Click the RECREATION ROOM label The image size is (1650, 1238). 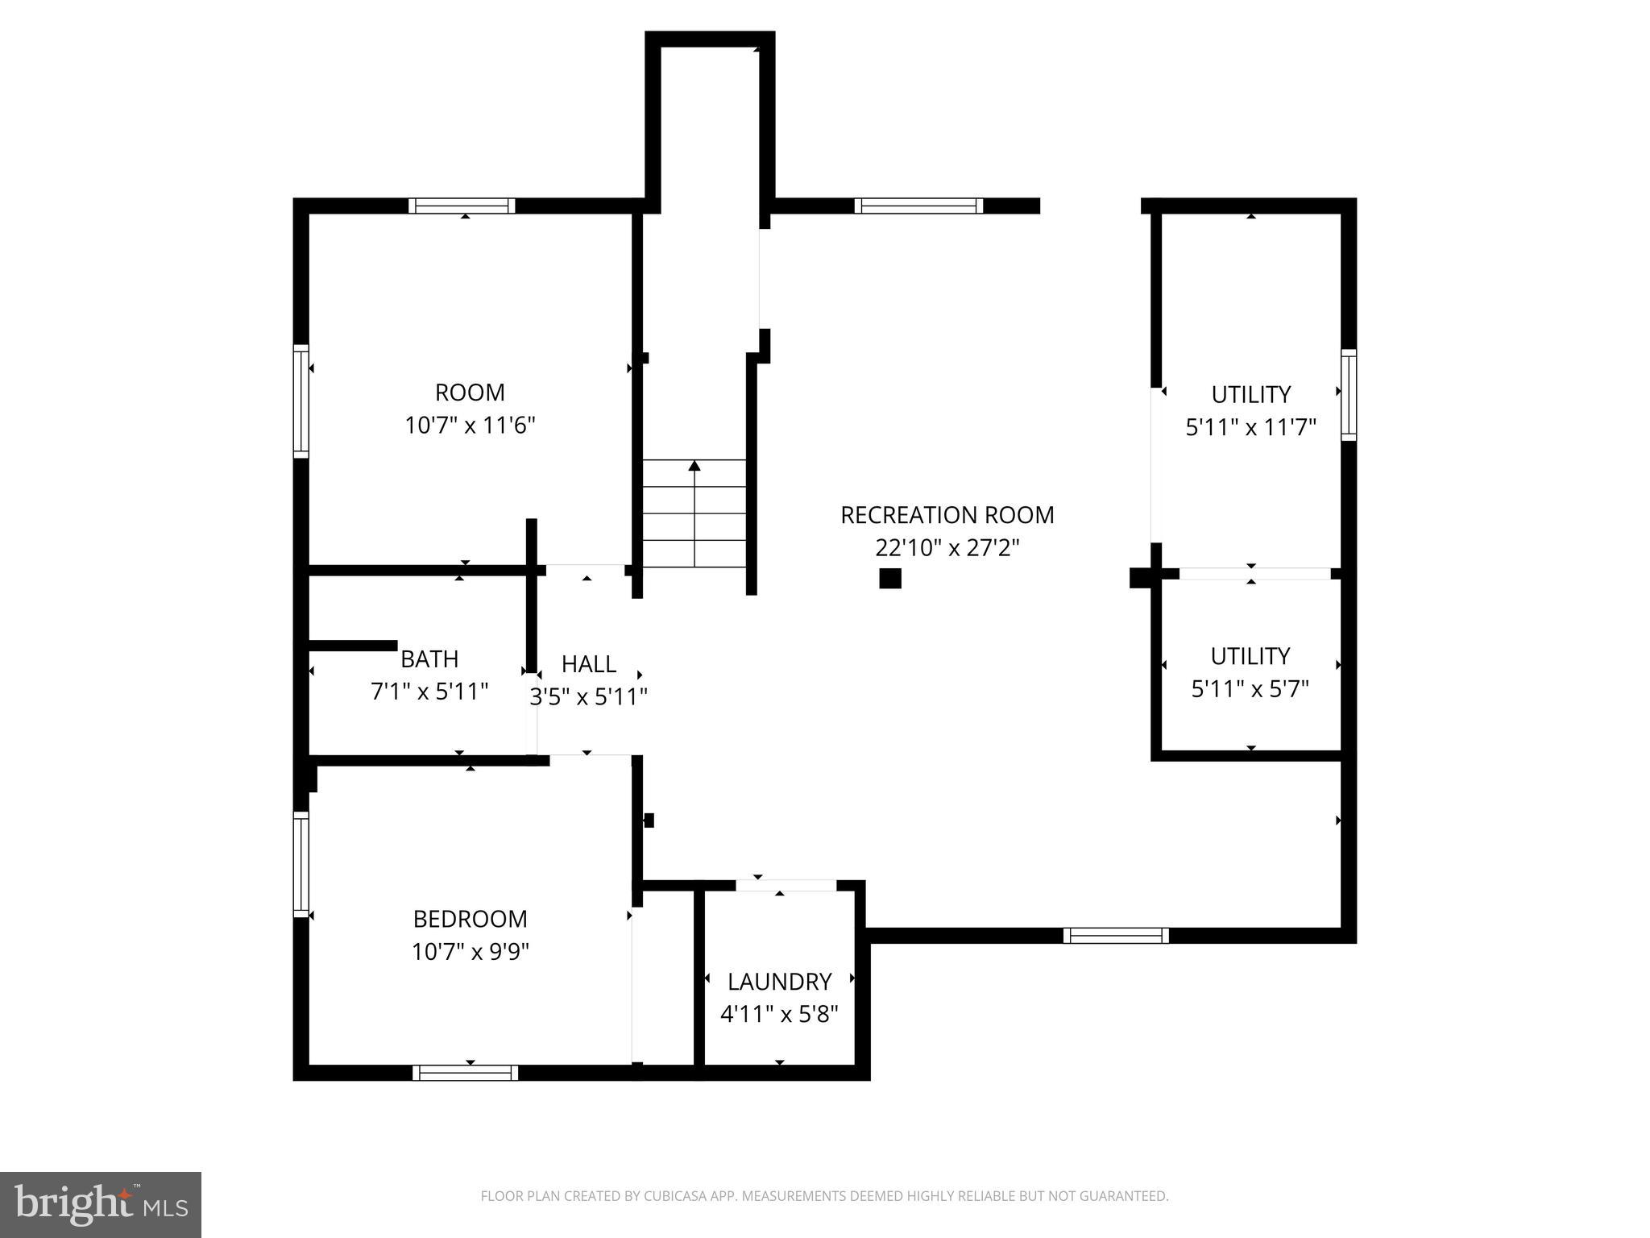(947, 515)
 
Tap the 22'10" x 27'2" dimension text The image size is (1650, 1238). (947, 548)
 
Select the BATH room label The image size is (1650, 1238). (429, 659)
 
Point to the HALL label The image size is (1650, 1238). (589, 664)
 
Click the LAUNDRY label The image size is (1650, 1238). (779, 982)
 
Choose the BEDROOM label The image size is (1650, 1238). (470, 919)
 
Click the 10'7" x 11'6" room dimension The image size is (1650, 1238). (470, 426)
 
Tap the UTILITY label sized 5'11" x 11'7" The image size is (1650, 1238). (1250, 394)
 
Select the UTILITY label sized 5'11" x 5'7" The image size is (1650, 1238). (1250, 656)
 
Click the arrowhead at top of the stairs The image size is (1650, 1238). (694, 466)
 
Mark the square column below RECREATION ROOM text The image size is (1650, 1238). (889, 578)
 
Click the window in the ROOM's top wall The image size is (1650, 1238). (462, 206)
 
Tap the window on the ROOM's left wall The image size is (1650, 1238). (301, 401)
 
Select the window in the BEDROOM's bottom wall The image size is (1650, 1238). (465, 1073)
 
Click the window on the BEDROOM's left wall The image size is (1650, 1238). (301, 864)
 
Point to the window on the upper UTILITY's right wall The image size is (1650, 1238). (1349, 395)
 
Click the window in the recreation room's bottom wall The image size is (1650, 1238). (1115, 936)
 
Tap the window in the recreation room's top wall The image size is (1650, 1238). (918, 206)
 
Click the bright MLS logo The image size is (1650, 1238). (101, 1204)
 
